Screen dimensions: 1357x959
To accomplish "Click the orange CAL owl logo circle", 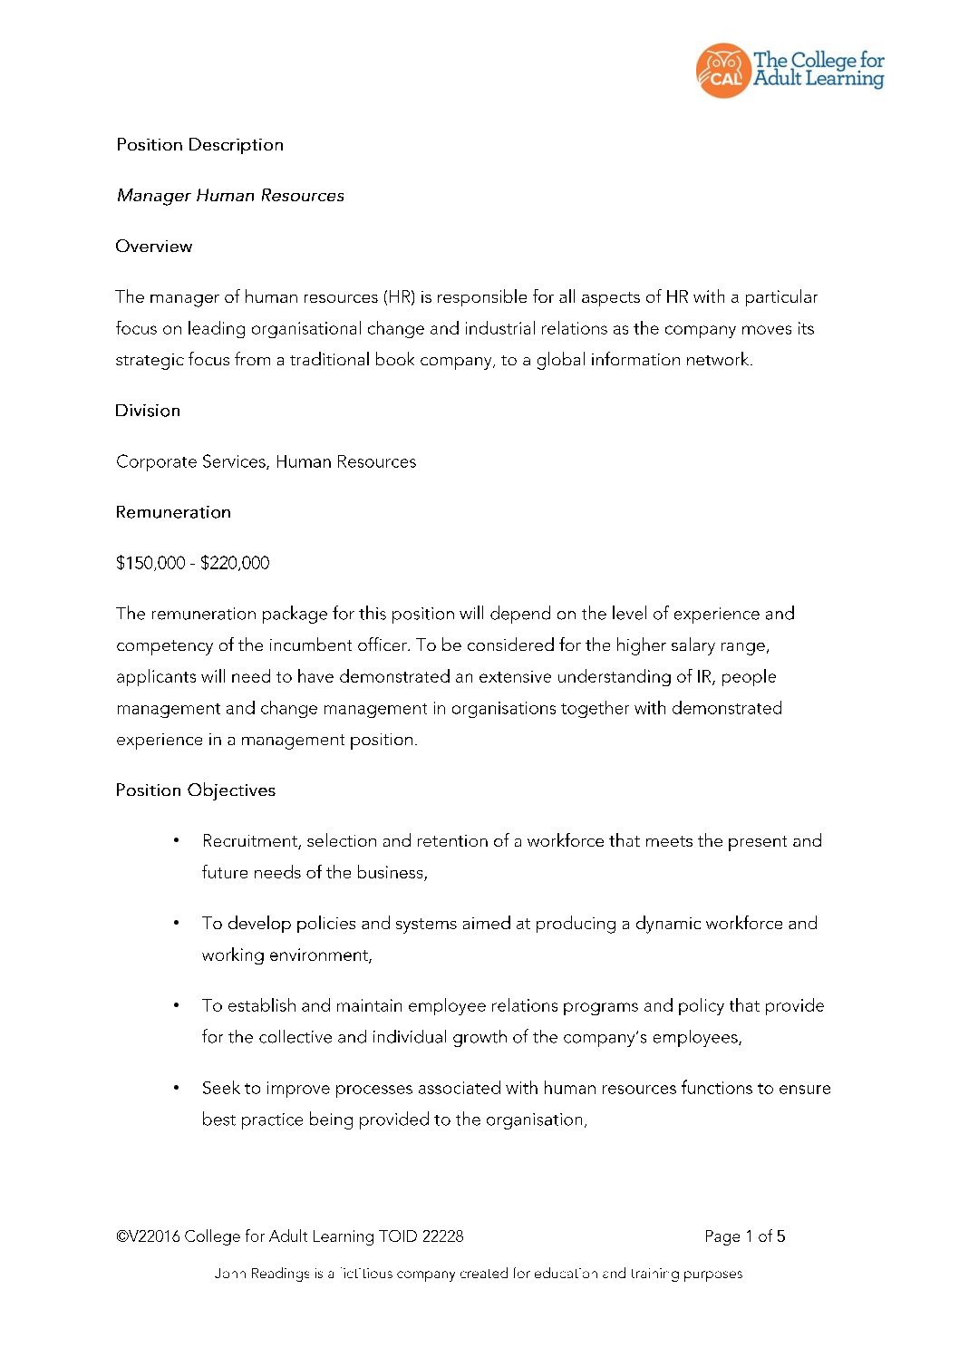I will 722,71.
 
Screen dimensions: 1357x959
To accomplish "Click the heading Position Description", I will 199,145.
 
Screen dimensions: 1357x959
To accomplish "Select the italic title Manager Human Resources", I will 230,196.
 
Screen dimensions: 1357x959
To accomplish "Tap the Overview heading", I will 153,247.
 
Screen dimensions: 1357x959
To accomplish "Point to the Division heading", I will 148,411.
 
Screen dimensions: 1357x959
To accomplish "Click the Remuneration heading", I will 173,512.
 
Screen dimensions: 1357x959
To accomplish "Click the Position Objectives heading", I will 195,790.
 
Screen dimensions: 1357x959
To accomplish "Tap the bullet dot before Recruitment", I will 176,840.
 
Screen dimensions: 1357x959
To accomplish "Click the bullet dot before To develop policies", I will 176,923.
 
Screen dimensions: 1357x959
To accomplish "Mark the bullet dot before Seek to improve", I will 176,1088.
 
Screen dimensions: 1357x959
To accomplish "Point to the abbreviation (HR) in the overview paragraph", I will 399,297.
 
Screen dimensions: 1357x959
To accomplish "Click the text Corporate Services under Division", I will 191,462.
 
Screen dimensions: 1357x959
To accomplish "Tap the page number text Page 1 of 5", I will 744,1236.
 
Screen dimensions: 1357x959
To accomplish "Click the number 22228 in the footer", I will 442,1236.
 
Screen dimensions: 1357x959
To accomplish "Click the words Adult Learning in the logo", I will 819,80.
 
